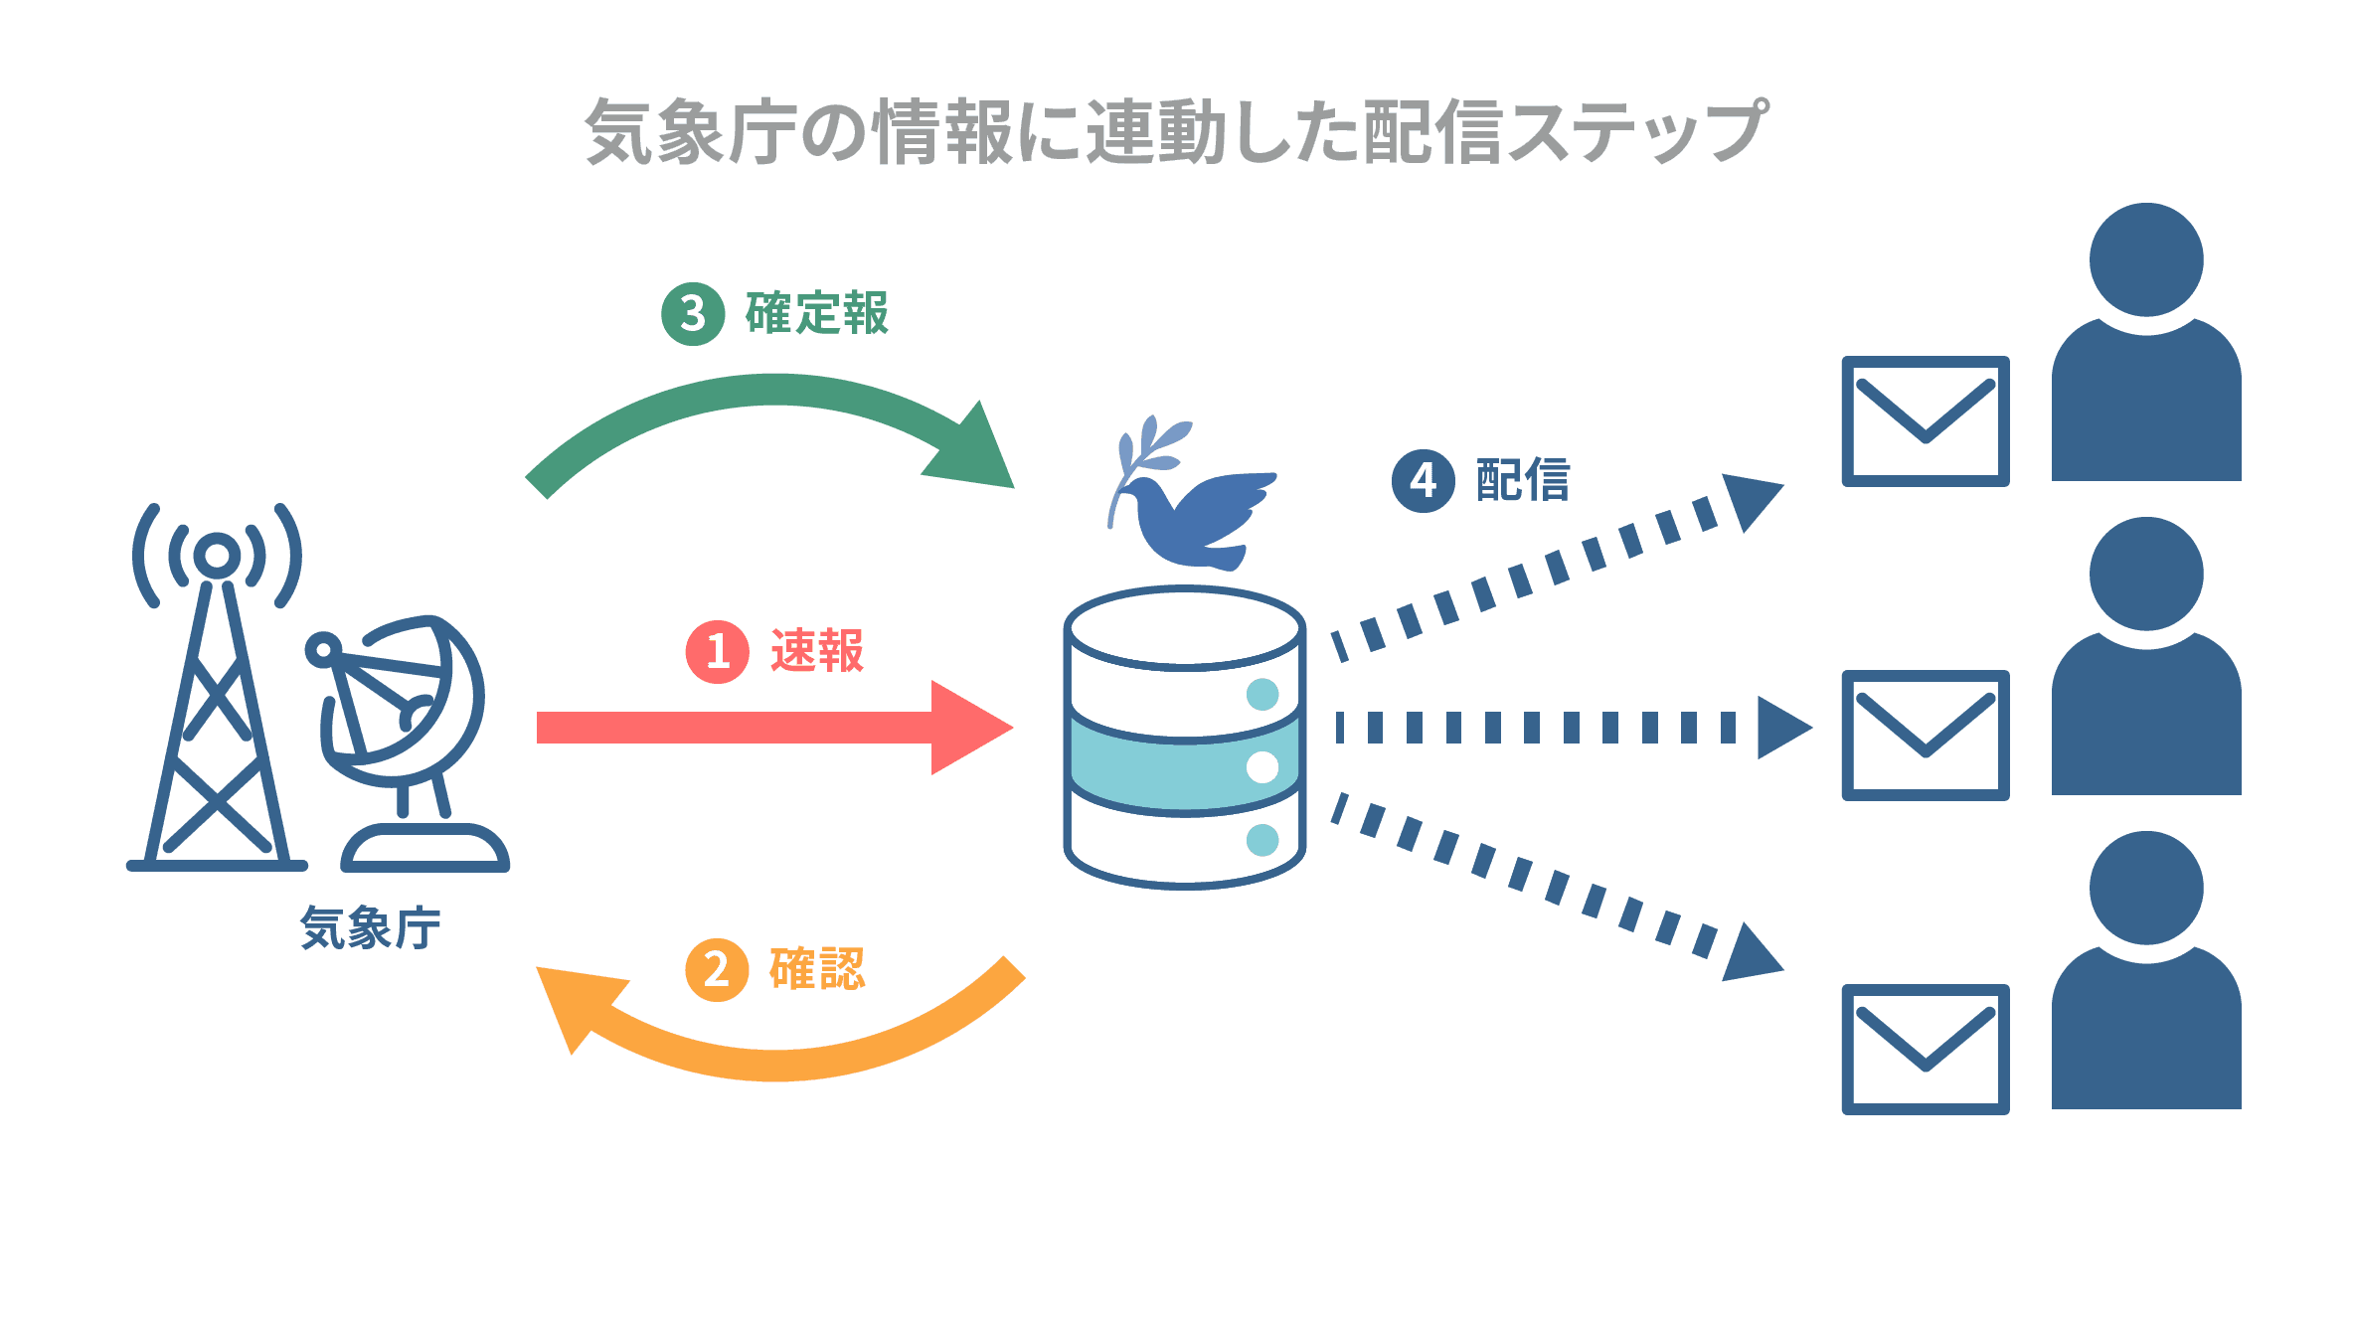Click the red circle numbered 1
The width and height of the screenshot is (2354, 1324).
(717, 652)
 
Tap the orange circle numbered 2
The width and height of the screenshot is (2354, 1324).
(717, 969)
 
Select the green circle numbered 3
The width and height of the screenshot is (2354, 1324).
(693, 314)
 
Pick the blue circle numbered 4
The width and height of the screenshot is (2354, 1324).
(1423, 481)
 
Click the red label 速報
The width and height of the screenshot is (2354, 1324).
(817, 652)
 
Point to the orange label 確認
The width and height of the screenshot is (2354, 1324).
(817, 969)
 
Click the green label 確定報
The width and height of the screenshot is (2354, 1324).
(817, 314)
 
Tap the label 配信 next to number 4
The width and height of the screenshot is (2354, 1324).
(1523, 481)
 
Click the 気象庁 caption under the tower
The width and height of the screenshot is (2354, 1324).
(370, 928)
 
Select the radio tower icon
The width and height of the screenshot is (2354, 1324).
(217, 696)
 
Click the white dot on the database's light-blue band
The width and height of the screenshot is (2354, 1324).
(1262, 767)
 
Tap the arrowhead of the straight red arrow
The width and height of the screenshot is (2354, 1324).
(969, 728)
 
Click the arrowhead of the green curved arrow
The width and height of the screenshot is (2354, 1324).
(974, 452)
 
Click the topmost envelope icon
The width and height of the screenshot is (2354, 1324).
(1926, 421)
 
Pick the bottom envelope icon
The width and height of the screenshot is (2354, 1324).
(1926, 1049)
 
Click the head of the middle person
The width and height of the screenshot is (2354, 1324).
(2146, 574)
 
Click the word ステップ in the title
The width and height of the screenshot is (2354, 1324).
(1635, 131)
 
